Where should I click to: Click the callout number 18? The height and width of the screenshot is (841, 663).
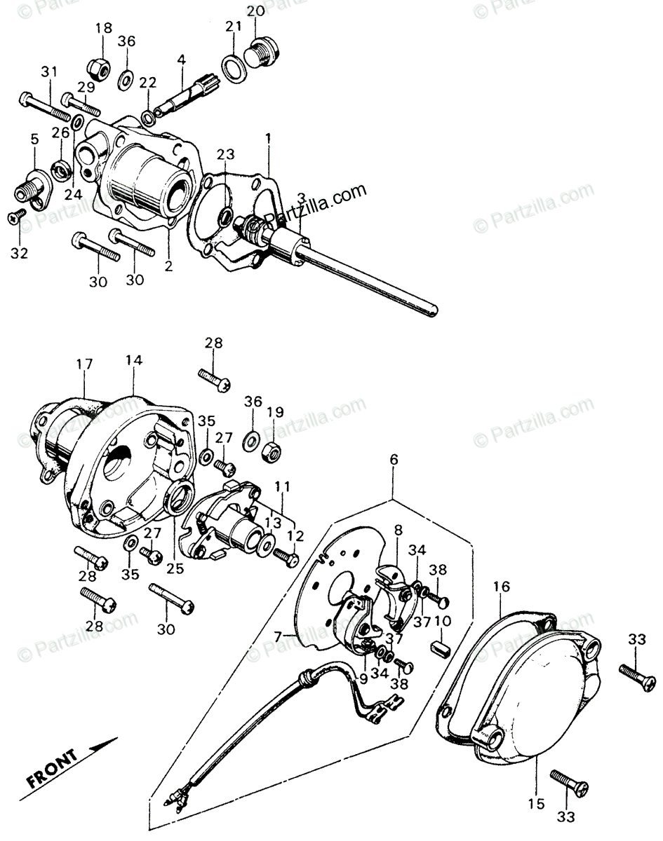pyautogui.click(x=103, y=29)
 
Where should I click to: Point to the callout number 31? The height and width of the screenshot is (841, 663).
pyautogui.click(x=48, y=71)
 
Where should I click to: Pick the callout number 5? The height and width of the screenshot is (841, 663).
pyautogui.click(x=34, y=139)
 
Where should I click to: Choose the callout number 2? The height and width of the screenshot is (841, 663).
pyautogui.click(x=169, y=266)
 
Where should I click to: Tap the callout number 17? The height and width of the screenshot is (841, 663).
pyautogui.click(x=84, y=364)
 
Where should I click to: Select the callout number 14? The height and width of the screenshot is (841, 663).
pyautogui.click(x=134, y=360)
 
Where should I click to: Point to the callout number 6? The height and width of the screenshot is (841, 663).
pyautogui.click(x=393, y=460)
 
